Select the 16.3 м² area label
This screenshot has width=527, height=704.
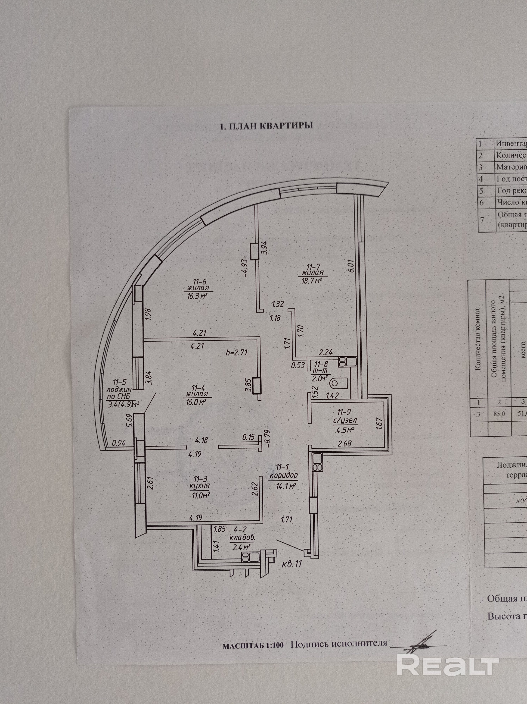(200, 296)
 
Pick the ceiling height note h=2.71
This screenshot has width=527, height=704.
(236, 352)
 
